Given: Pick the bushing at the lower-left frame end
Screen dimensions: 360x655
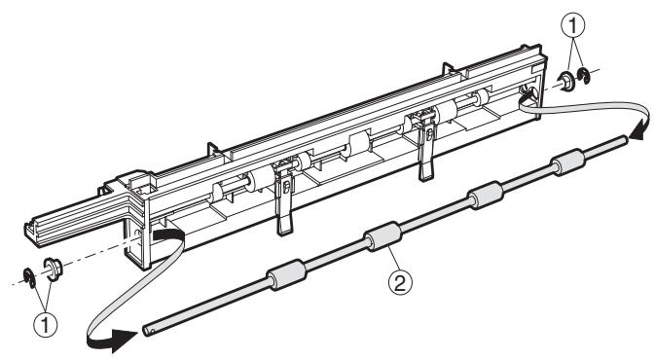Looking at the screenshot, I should point(55,293).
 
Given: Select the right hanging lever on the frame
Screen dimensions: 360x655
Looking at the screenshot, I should point(425,147).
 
